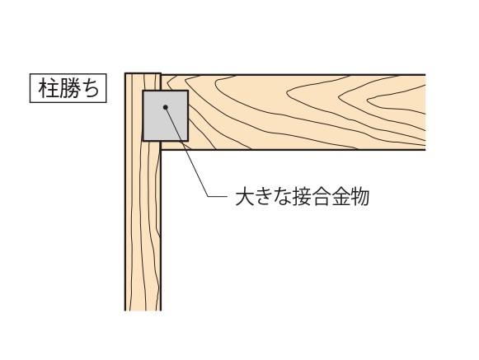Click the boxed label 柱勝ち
pyautogui.click(x=68, y=88)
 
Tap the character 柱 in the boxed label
pyautogui.click(x=49, y=88)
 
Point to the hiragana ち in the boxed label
pyautogui.click(x=90, y=88)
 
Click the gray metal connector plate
pyautogui.click(x=165, y=115)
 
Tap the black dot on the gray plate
pyautogui.click(x=165, y=107)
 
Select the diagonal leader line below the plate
pyautogui.click(x=186, y=152)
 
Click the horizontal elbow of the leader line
pyautogui.click(x=218, y=196)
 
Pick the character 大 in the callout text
pyautogui.click(x=245, y=197)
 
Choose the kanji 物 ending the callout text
pyautogui.click(x=359, y=197)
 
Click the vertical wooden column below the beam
pyautogui.click(x=143, y=229)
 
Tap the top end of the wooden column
pyautogui.click(x=143, y=73)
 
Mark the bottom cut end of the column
pyautogui.click(x=143, y=311)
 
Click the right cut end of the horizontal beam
pyautogui.click(x=425, y=112)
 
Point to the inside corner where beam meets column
pyautogui.click(x=161, y=150)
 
